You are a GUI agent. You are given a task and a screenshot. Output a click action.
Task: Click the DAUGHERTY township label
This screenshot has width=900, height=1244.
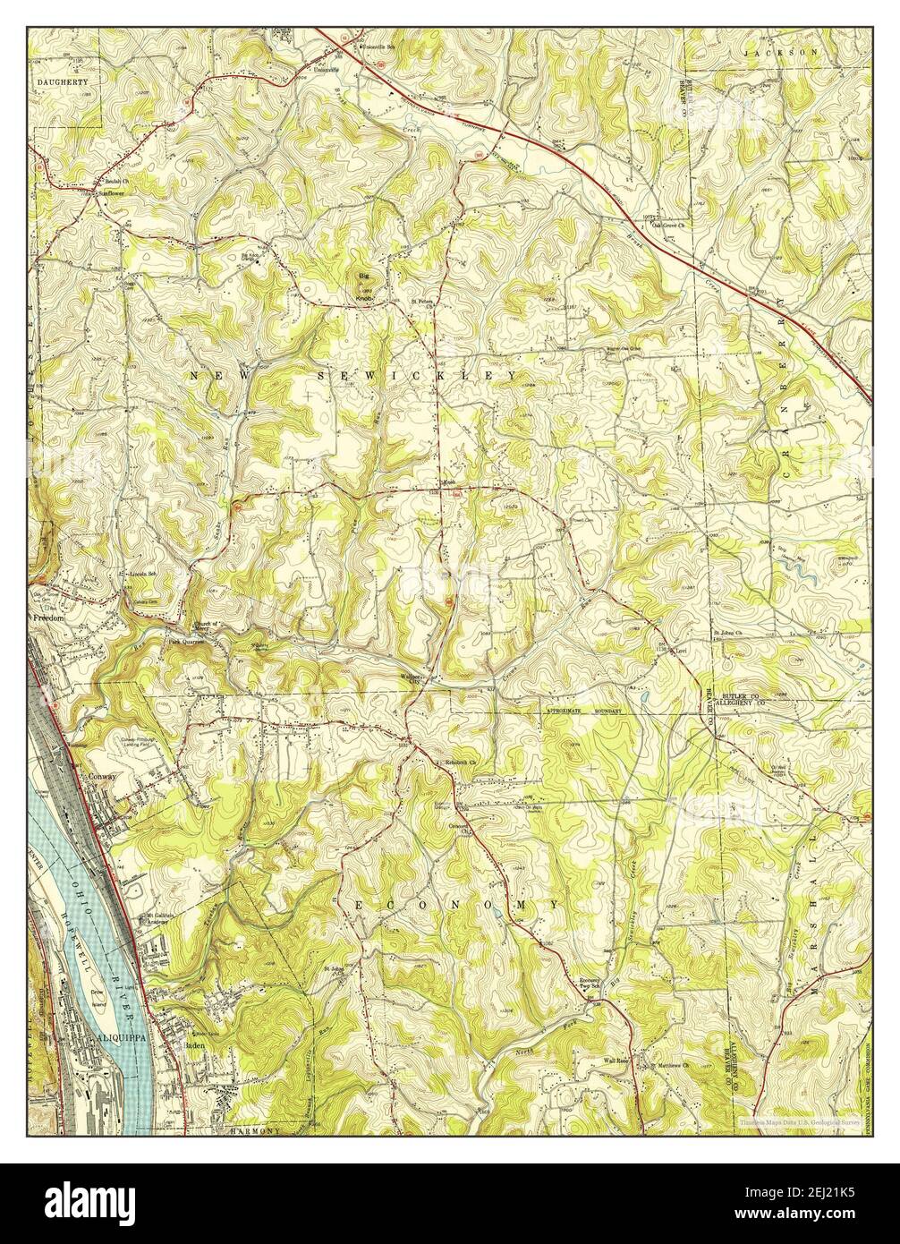point(62,81)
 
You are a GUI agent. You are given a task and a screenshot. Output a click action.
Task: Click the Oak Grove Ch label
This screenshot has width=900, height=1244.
point(672,226)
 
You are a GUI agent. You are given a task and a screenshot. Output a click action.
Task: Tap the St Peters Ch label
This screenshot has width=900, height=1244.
point(422,302)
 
